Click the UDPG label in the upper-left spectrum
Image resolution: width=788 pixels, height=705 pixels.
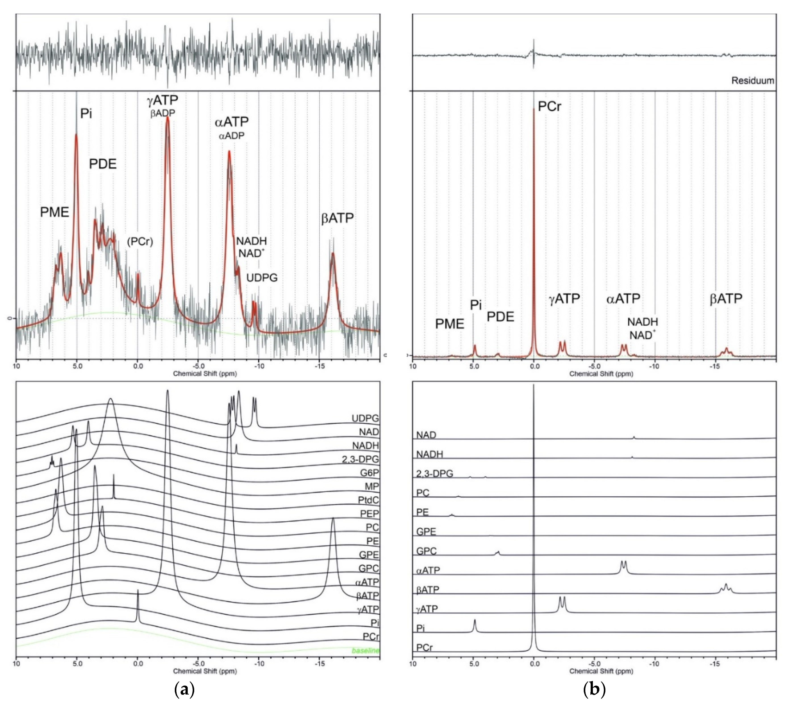(x=262, y=278)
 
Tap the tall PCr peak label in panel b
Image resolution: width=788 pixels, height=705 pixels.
(x=549, y=106)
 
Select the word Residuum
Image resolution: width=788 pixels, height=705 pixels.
(x=752, y=81)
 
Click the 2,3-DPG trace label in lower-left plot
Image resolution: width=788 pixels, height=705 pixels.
(x=360, y=460)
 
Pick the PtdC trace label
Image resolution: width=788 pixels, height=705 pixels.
(x=368, y=500)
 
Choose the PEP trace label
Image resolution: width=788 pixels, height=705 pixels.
(x=369, y=514)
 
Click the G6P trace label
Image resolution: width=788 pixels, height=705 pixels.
(x=369, y=473)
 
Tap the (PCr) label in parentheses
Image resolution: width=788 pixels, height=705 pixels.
(x=140, y=242)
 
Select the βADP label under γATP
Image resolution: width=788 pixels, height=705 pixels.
(x=163, y=113)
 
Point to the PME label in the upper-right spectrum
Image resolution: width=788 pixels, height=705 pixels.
(x=449, y=324)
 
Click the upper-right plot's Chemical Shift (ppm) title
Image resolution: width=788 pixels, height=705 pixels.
(x=601, y=374)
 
